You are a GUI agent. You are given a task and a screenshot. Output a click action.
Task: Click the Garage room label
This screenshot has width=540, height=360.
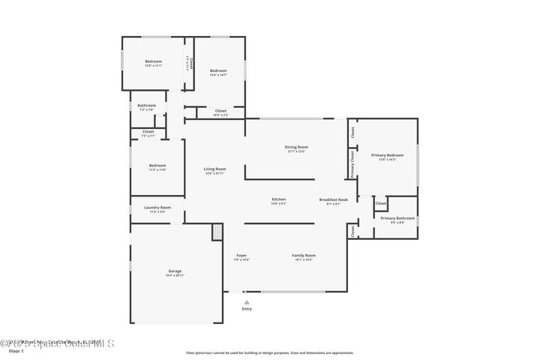(x=174, y=271)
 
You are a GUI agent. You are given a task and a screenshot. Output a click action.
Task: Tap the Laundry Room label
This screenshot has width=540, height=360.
(x=157, y=207)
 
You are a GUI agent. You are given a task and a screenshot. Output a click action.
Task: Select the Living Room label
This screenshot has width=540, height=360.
(x=214, y=169)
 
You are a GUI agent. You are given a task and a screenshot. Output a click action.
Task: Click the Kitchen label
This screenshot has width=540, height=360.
(x=278, y=199)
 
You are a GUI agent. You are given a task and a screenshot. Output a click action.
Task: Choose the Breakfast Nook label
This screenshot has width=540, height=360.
(x=334, y=199)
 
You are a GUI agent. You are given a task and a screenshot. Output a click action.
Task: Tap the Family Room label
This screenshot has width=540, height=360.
(x=303, y=255)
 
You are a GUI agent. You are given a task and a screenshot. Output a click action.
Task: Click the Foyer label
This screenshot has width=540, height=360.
(x=241, y=255)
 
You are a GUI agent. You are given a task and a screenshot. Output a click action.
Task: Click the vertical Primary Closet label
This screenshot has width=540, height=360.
(x=352, y=163)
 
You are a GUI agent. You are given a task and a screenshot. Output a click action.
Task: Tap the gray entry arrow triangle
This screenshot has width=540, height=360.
(x=246, y=301)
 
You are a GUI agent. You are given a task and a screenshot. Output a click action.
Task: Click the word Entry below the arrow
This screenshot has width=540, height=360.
(x=247, y=309)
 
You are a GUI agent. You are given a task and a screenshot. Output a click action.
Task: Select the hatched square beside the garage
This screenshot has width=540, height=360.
(x=217, y=232)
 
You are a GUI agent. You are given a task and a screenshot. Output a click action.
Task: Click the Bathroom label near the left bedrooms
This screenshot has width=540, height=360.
(x=146, y=105)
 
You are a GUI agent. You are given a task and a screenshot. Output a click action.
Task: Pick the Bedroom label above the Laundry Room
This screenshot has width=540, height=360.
(x=157, y=165)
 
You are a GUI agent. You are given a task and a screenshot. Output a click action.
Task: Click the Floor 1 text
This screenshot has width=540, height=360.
(x=16, y=350)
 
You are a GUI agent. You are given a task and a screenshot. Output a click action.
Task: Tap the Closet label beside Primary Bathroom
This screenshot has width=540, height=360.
(x=380, y=203)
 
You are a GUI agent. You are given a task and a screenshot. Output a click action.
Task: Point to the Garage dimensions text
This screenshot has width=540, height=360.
(x=174, y=275)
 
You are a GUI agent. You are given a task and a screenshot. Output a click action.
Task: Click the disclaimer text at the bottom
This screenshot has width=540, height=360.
(x=269, y=352)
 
